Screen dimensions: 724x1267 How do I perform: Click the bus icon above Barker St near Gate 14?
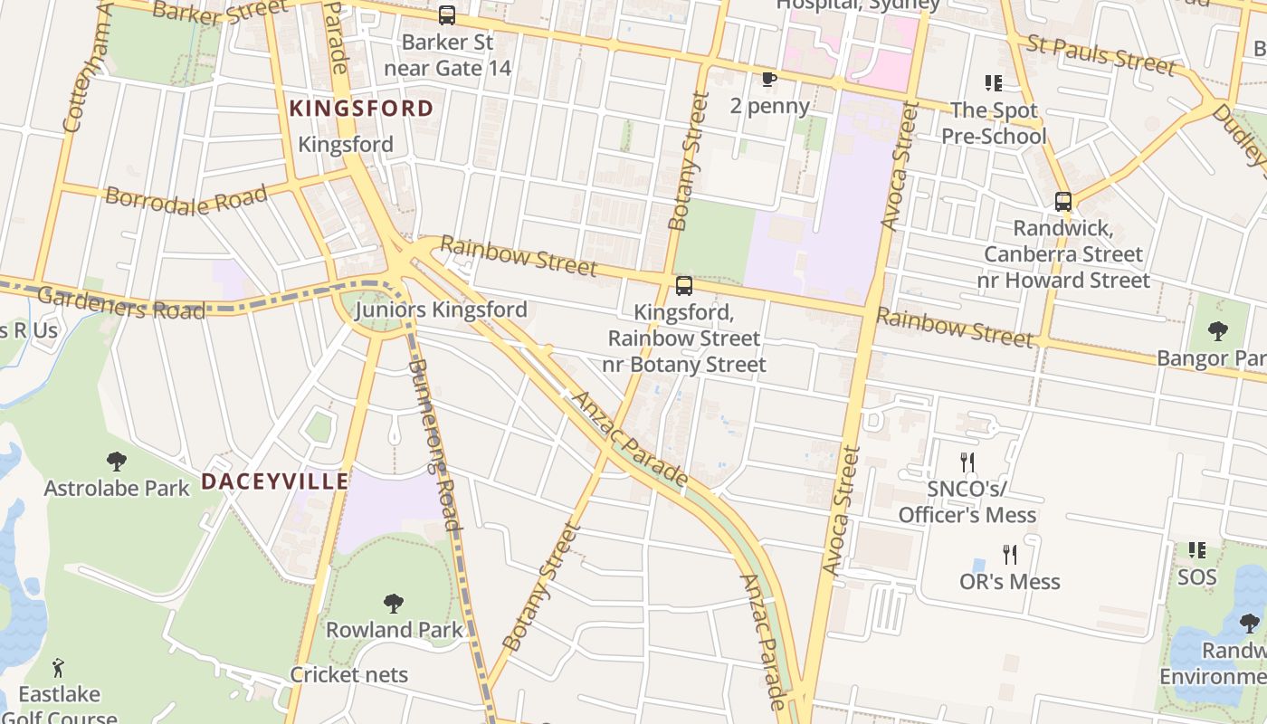(x=447, y=15)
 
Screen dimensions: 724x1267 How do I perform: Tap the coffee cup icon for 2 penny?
(x=769, y=80)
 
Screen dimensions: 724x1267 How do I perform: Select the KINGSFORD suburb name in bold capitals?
(x=361, y=109)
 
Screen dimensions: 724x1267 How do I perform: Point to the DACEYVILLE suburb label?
(x=274, y=481)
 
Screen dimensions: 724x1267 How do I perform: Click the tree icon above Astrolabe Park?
(x=117, y=462)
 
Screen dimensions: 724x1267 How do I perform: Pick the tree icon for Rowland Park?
(x=394, y=603)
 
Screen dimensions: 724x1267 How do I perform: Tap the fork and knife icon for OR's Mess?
(x=1010, y=554)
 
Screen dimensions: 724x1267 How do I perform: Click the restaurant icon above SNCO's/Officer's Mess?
(x=967, y=463)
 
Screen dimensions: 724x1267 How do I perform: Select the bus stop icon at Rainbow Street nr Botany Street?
(x=684, y=286)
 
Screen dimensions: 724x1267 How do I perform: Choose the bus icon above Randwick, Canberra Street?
(x=1063, y=202)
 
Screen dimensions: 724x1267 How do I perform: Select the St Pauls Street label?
(x=1100, y=53)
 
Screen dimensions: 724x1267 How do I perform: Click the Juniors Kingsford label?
(x=441, y=310)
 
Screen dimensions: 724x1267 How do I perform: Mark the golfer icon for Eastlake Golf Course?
(x=59, y=668)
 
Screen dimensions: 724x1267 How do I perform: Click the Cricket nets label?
(x=348, y=674)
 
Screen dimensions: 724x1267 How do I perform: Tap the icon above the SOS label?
(x=1196, y=549)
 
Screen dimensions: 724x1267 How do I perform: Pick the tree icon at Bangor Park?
(x=1218, y=331)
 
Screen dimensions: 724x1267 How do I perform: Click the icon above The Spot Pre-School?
(x=994, y=83)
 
